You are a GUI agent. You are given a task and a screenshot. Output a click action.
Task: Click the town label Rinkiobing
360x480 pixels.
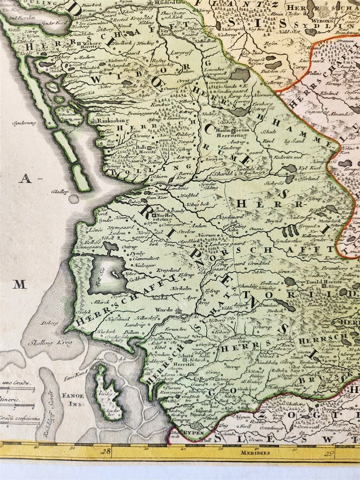pos(112,121)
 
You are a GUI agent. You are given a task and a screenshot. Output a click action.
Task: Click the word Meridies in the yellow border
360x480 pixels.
pos(255,453)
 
